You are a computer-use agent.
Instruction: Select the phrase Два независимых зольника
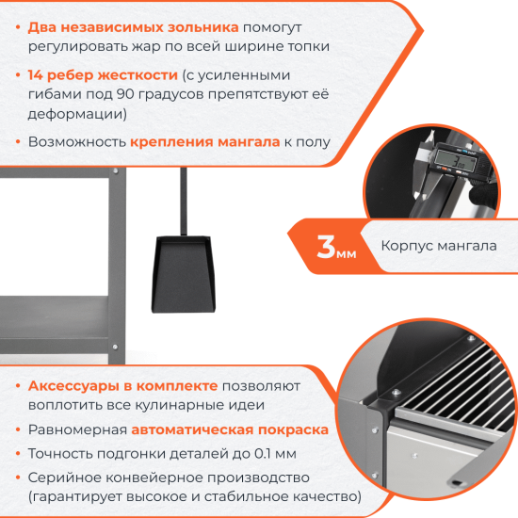coord(134,27)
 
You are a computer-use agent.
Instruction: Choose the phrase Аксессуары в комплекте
coord(123,386)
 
